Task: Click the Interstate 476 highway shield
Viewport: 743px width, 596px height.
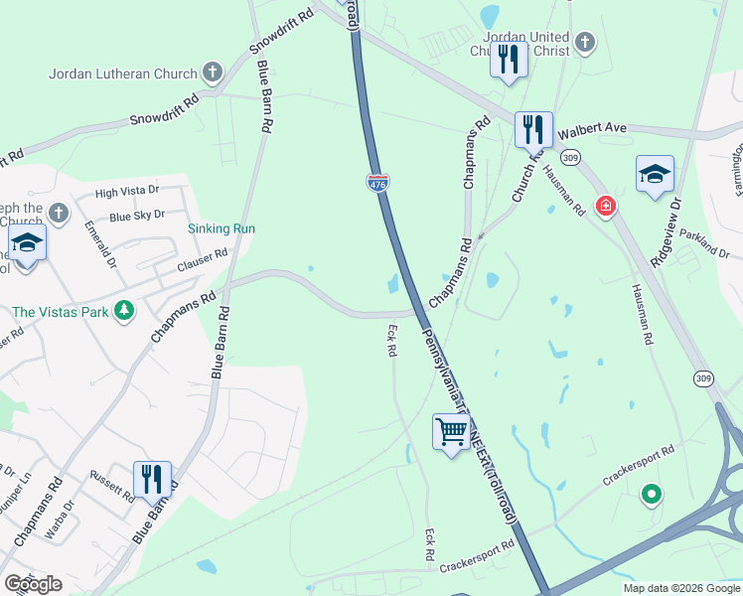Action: tap(378, 182)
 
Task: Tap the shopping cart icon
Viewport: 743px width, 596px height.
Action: tap(451, 433)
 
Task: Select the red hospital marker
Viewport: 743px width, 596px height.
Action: tap(604, 207)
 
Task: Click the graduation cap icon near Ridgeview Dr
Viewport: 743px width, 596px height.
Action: tap(655, 174)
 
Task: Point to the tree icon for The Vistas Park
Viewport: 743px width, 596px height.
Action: tap(124, 311)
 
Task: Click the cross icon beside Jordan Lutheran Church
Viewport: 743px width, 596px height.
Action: tap(212, 72)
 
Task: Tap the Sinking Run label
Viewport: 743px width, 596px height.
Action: tap(223, 228)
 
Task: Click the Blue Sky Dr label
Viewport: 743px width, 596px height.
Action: tap(137, 216)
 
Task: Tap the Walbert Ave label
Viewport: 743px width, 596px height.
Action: tap(592, 129)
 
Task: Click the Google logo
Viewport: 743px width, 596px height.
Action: tap(33, 584)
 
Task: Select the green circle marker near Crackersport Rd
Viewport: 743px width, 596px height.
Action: tap(652, 492)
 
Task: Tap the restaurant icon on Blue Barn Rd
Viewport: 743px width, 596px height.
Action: tap(152, 478)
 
